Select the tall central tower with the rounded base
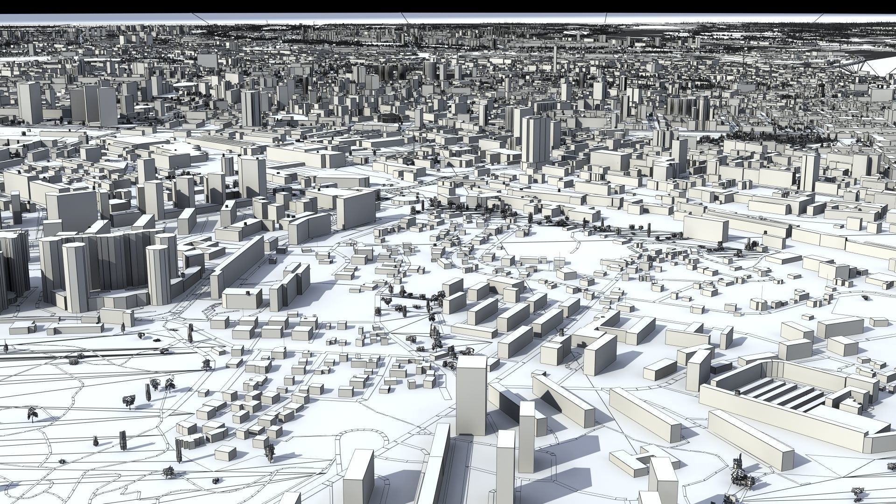(x=536, y=140)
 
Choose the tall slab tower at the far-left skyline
(x=29, y=103)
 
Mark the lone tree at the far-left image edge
(x=6, y=347)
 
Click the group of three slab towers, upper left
(x=93, y=105)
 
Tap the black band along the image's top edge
(x=448, y=6)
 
